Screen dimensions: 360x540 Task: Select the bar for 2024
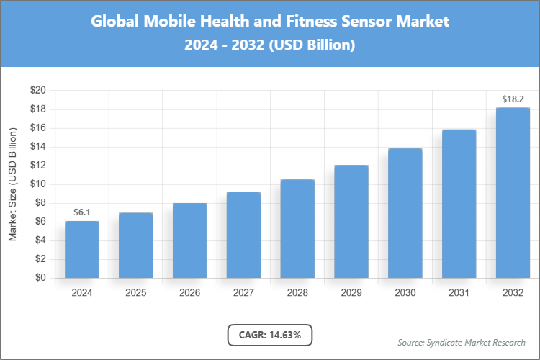(82, 249)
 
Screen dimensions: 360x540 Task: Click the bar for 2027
(243, 235)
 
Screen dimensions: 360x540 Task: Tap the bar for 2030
(405, 213)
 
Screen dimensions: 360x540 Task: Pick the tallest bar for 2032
(513, 193)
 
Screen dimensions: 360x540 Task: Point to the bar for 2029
(351, 222)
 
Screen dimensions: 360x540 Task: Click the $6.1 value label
(82, 212)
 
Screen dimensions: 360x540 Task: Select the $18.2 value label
(513, 99)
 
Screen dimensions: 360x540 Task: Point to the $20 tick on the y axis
(37, 91)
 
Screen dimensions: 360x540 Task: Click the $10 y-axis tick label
(37, 184)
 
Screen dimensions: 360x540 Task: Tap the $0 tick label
(40, 278)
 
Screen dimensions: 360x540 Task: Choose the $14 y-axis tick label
(37, 147)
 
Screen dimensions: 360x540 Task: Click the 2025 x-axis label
(135, 293)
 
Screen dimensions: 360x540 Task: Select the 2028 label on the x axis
(297, 293)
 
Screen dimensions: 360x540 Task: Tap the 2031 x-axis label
(459, 293)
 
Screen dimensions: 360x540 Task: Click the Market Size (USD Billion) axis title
(12, 184)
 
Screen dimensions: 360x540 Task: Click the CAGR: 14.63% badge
(270, 335)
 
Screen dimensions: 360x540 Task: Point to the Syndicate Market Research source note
(461, 342)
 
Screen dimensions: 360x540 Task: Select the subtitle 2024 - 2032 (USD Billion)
(270, 45)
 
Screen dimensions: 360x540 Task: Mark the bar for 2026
(189, 240)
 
